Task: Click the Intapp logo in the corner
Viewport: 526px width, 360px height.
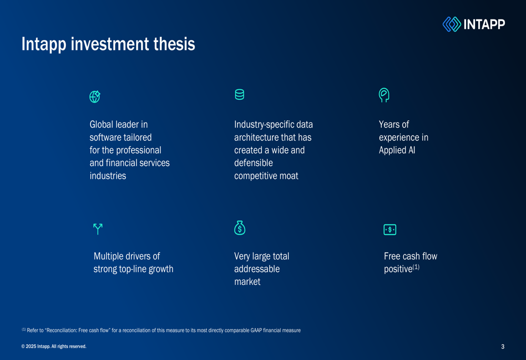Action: click(x=473, y=24)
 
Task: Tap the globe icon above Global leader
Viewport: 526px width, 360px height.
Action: click(x=95, y=97)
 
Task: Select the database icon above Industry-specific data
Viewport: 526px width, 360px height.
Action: click(x=239, y=95)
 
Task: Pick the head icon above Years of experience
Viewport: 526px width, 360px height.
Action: click(x=384, y=95)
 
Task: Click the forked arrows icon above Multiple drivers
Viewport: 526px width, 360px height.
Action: click(x=98, y=229)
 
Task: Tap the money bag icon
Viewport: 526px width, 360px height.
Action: click(x=240, y=228)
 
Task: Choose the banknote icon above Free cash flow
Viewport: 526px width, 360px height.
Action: click(x=390, y=230)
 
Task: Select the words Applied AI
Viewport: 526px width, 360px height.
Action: click(x=397, y=150)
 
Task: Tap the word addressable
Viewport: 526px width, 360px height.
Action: click(x=257, y=269)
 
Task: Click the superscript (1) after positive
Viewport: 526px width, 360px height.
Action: click(x=416, y=267)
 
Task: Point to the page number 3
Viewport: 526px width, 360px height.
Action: click(x=503, y=347)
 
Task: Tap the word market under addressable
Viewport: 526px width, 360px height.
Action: click(x=247, y=282)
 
